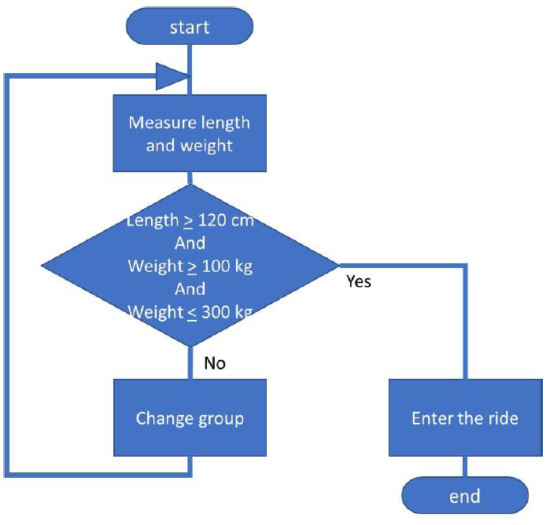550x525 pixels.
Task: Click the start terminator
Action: (x=190, y=27)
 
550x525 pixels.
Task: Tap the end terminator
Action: (x=465, y=496)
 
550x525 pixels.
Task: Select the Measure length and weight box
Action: (x=190, y=133)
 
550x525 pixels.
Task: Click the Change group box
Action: (x=190, y=418)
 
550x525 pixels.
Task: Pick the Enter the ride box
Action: (x=466, y=418)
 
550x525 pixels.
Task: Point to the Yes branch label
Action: (x=359, y=281)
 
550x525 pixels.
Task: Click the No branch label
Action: (x=215, y=363)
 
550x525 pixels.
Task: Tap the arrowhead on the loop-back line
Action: (x=172, y=76)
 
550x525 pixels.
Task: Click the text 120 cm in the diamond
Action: (x=226, y=220)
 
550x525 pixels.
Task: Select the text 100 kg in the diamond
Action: (x=227, y=266)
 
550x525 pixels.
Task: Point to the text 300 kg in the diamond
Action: (x=227, y=312)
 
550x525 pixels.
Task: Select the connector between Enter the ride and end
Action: (x=465, y=467)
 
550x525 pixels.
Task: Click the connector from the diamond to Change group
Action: (x=190, y=363)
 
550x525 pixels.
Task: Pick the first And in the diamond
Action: (x=190, y=243)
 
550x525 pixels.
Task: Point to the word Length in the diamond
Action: (x=153, y=221)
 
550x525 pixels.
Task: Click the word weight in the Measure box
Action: (x=206, y=146)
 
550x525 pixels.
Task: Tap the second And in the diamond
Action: (x=190, y=289)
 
